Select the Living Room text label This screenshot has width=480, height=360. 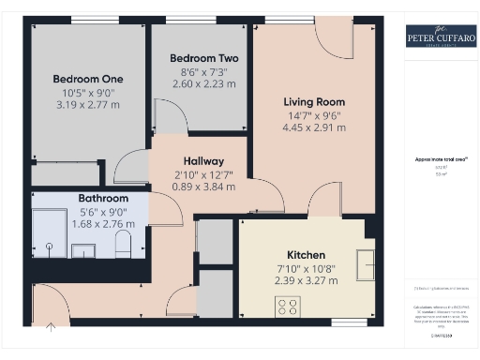pyautogui.click(x=314, y=102)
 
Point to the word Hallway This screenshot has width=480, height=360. pyautogui.click(x=202, y=160)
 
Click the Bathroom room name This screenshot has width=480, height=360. pyautogui.click(x=103, y=199)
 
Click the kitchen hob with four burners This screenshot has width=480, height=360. pyautogui.click(x=286, y=305)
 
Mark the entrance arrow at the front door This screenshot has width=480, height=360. pyautogui.click(x=50, y=327)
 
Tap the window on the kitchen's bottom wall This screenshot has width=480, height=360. pyautogui.click(x=349, y=323)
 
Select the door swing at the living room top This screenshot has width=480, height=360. pyautogui.click(x=333, y=37)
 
